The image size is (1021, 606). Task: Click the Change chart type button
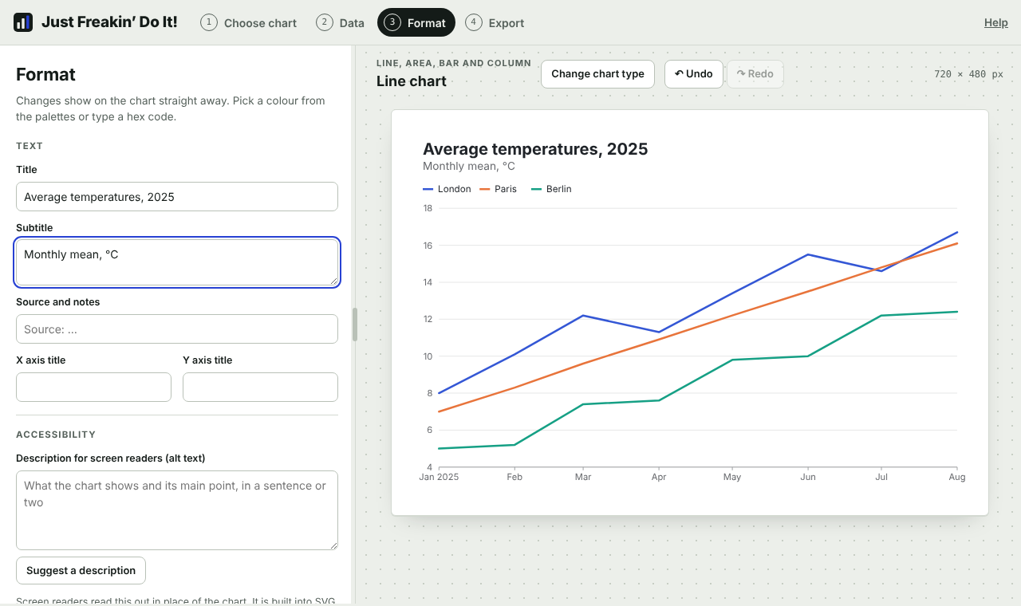pos(597,74)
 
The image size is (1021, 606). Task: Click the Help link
pos(995,23)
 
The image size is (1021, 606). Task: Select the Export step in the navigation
pos(495,23)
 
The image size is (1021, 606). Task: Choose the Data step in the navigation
pos(340,23)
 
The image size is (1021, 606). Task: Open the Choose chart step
pos(248,23)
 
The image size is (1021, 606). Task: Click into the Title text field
pos(177,197)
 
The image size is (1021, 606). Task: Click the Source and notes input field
pos(177,329)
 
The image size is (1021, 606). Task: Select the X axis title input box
pos(93,388)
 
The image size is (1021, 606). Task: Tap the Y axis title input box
pos(260,388)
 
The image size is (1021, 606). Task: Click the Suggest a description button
pos(81,570)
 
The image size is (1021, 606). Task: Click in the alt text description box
pos(177,510)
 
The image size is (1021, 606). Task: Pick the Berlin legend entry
pos(551,189)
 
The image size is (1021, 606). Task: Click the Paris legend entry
pos(499,189)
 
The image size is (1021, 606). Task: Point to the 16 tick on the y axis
pos(428,246)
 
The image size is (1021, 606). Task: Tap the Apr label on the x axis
pos(659,477)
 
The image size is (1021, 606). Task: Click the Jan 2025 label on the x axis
pos(439,477)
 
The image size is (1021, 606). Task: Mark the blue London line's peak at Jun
pos(808,254)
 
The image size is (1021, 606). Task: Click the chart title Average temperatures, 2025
pos(535,149)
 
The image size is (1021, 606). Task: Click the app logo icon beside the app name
pos(23,22)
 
